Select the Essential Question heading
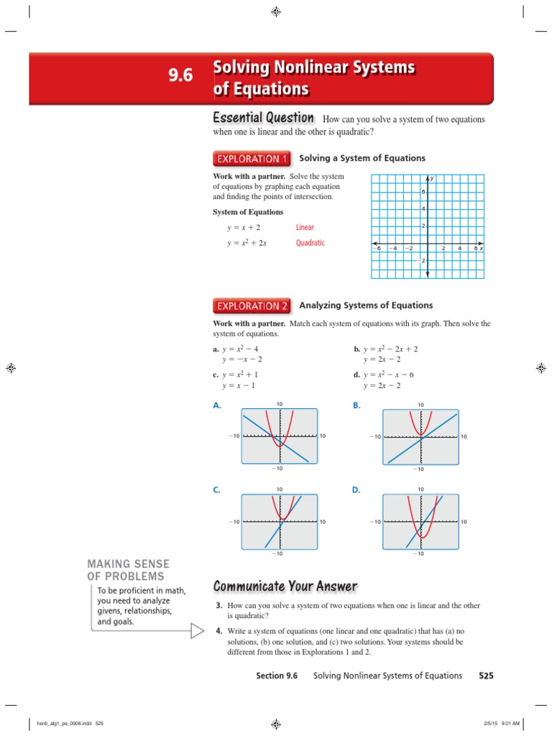click(x=263, y=118)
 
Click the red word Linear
click(x=305, y=227)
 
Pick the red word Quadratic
click(x=310, y=243)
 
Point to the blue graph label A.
click(x=216, y=406)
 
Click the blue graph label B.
click(x=356, y=406)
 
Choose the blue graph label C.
click(x=216, y=489)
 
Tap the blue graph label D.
click(x=356, y=489)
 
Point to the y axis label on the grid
click(x=431, y=178)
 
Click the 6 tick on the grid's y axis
click(x=423, y=192)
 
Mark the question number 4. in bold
click(x=218, y=630)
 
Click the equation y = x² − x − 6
click(x=392, y=375)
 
